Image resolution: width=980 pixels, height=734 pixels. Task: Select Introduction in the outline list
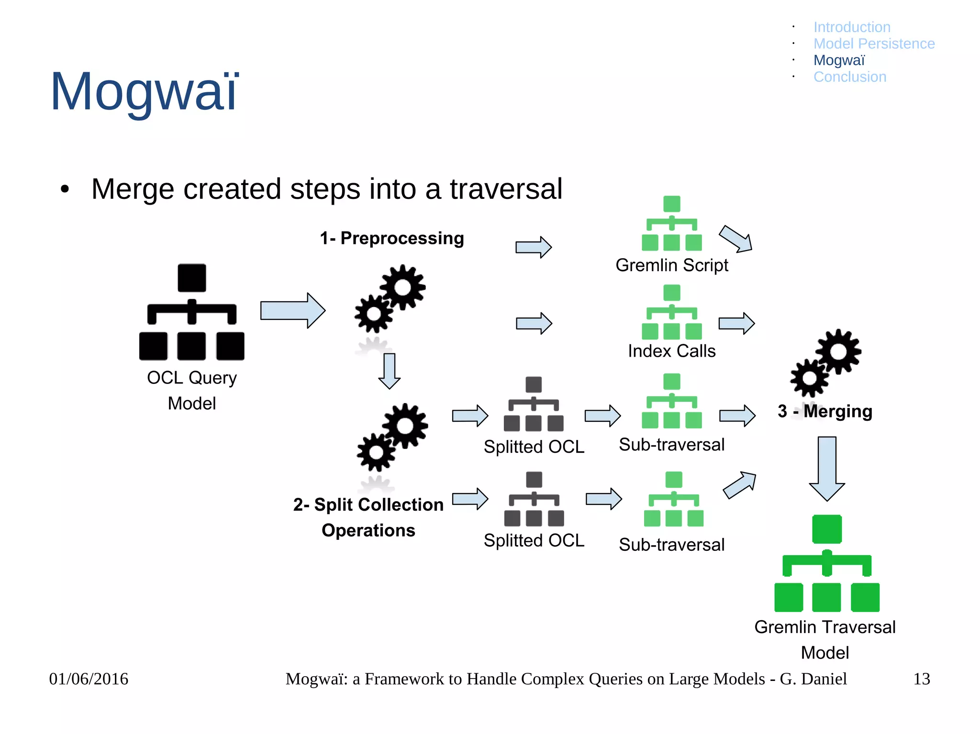click(x=852, y=27)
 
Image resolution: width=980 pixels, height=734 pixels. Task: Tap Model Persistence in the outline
click(x=874, y=44)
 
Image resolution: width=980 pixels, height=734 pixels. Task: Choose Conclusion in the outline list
click(x=850, y=77)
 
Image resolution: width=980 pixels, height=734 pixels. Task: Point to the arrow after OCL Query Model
click(x=293, y=311)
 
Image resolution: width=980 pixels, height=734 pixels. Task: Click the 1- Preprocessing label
click(x=392, y=238)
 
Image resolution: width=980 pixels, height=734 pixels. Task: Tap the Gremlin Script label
click(x=672, y=265)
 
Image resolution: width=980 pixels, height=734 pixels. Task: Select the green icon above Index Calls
click(x=672, y=312)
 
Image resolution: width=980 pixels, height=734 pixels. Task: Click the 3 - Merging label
click(x=825, y=411)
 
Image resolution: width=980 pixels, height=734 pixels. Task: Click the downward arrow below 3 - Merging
click(x=827, y=469)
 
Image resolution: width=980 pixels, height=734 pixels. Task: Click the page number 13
click(x=921, y=679)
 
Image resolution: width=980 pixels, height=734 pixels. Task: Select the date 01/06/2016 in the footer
click(x=89, y=679)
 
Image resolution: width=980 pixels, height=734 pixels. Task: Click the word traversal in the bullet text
click(x=506, y=189)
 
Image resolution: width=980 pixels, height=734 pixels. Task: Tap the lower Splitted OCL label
click(x=534, y=541)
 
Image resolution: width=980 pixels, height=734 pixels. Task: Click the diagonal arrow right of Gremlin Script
click(x=736, y=239)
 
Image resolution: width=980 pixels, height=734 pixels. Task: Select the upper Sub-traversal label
click(x=672, y=445)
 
